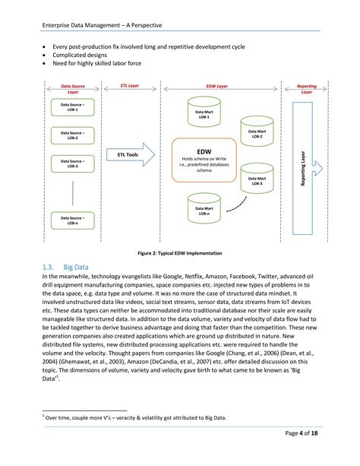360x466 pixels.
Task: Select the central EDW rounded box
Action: (204, 160)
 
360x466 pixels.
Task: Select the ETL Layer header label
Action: (131, 87)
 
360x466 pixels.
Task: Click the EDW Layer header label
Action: (216, 87)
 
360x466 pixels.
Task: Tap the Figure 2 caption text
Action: (180, 252)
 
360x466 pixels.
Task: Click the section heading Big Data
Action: (78, 268)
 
